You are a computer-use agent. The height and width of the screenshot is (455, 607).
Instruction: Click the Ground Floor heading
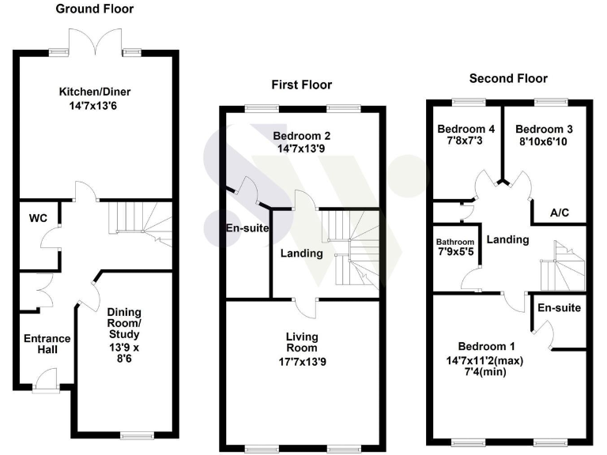point(94,9)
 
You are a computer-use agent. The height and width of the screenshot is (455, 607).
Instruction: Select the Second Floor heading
point(508,78)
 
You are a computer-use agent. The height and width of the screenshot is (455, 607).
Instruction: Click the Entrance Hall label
point(47,345)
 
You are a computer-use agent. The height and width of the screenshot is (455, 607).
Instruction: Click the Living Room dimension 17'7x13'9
point(301,360)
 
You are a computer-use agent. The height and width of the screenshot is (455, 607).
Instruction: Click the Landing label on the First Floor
point(301,254)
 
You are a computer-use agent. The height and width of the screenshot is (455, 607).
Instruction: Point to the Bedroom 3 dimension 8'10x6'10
point(544,141)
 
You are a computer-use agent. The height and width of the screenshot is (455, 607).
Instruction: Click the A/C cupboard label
point(557,213)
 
